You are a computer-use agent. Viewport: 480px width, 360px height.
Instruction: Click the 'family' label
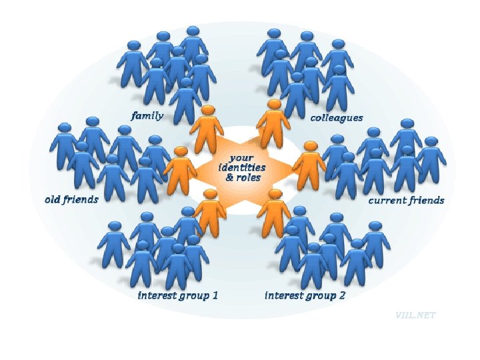pyautogui.click(x=147, y=116)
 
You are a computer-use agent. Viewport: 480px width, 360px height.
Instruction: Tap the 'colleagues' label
pyautogui.click(x=337, y=118)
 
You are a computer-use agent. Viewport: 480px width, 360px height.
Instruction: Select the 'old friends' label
pyautogui.click(x=71, y=199)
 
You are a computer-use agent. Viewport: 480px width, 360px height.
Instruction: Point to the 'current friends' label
pyautogui.click(x=407, y=200)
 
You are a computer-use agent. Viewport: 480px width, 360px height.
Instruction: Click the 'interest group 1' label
pyautogui.click(x=178, y=295)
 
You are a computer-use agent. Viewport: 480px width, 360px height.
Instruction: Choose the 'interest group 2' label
pyautogui.click(x=305, y=295)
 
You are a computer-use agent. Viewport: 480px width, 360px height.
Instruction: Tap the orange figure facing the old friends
pyautogui.click(x=180, y=170)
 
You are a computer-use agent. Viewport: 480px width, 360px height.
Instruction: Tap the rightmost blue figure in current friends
pyautogui.click(x=431, y=160)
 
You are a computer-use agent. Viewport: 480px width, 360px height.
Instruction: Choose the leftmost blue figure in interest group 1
pyautogui.click(x=115, y=244)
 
